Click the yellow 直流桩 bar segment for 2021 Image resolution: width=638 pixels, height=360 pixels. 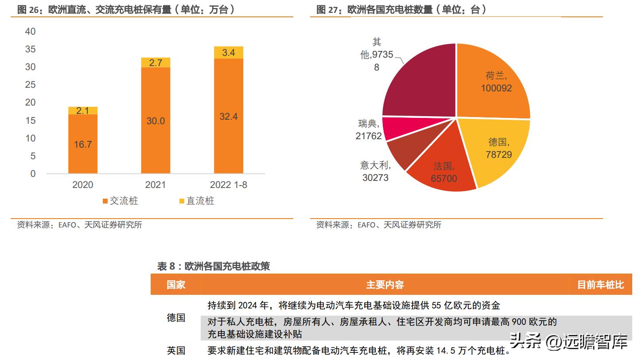pos(156,63)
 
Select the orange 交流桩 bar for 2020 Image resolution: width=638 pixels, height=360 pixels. pos(83,144)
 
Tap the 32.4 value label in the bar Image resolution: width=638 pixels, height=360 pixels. pos(229,117)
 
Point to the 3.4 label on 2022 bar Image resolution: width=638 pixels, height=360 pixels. pos(229,52)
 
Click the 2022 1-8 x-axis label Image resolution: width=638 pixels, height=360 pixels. pos(229,185)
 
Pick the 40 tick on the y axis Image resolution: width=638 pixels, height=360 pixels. pos(31,31)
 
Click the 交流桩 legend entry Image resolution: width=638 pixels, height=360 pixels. pos(120,201)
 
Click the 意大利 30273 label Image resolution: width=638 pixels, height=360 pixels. pos(375,172)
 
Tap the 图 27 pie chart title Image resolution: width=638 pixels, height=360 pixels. pos(401,10)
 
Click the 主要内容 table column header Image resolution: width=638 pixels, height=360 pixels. pos(385,285)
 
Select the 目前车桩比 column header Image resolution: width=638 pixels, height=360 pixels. pos(600,285)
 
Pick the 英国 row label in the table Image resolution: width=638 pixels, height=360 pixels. pos(176,351)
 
